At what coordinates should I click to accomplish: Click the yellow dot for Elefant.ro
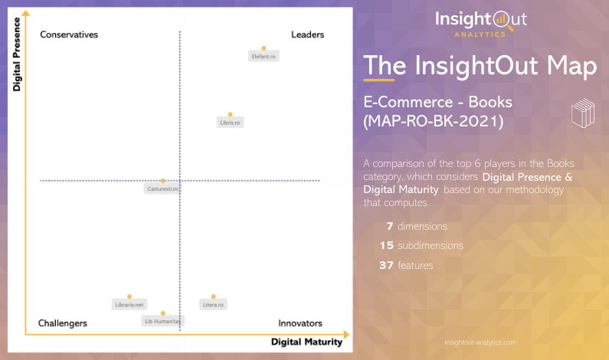click(264, 48)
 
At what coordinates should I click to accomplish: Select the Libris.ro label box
click(230, 123)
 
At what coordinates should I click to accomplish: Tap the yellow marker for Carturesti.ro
click(163, 181)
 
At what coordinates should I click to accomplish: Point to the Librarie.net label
click(129, 305)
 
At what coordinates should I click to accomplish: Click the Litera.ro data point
click(213, 296)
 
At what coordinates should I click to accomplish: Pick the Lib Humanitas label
click(163, 322)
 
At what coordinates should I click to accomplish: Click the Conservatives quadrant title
click(69, 34)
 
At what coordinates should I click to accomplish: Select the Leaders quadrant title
click(307, 34)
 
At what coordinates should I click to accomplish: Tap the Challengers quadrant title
click(63, 323)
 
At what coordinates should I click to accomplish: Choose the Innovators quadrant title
click(300, 323)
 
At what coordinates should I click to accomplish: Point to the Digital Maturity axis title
click(306, 342)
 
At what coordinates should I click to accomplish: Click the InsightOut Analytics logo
click(481, 22)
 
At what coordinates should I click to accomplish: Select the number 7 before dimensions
click(389, 227)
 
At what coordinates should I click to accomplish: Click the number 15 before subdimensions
click(387, 246)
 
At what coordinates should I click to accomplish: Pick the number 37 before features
click(387, 265)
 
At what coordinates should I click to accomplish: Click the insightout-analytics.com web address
click(480, 342)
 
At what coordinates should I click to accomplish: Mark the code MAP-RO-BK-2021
click(433, 121)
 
